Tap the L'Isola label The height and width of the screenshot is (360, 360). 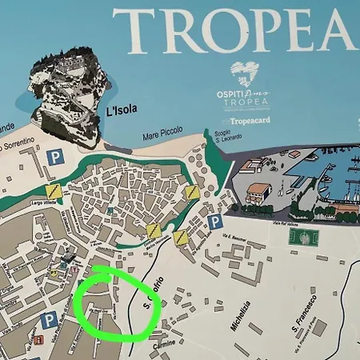point(122,110)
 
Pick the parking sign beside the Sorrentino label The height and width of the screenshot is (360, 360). point(54,157)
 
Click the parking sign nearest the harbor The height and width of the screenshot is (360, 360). point(215,221)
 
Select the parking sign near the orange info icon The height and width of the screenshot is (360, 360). point(49,321)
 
